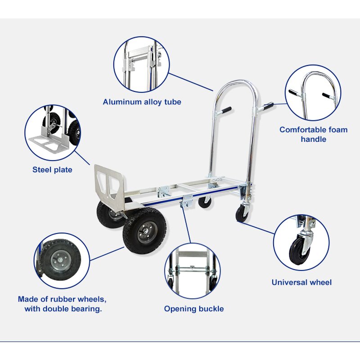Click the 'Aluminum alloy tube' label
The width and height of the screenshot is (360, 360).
[x=142, y=102]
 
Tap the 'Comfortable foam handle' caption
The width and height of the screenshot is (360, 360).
[x=313, y=134]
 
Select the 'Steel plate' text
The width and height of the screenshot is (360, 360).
[x=52, y=170]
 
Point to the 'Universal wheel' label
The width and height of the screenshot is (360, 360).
[x=301, y=283]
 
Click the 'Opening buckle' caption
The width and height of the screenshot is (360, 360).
[x=193, y=309]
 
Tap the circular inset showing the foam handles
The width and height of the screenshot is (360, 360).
[x=313, y=93]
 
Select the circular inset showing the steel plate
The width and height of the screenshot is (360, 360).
[x=52, y=132]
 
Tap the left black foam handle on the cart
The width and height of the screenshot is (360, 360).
[x=225, y=110]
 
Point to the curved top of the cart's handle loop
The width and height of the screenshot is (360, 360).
[x=237, y=84]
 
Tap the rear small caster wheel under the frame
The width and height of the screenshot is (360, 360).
[x=205, y=202]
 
